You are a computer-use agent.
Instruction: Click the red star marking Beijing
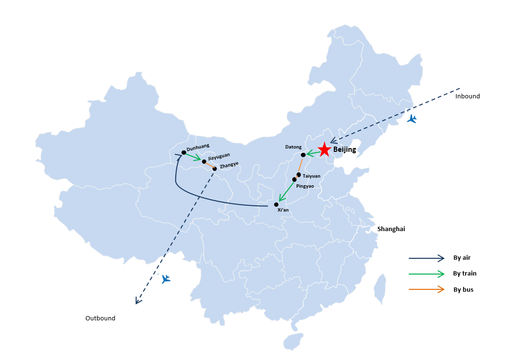click(324, 149)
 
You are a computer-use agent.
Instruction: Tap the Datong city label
click(293, 147)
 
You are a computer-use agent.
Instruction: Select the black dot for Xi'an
click(276, 205)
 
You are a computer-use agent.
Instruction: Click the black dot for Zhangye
click(214, 169)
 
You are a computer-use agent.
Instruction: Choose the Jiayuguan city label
click(219, 157)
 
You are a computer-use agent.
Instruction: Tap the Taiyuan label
click(311, 176)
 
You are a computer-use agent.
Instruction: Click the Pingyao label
click(305, 186)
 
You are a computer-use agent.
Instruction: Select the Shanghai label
click(391, 229)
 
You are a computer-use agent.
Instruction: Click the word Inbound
click(468, 96)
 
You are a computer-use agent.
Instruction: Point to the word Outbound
click(100, 318)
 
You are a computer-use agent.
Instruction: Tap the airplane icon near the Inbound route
click(412, 119)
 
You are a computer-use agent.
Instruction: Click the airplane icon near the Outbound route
click(166, 279)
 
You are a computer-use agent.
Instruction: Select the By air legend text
click(462, 257)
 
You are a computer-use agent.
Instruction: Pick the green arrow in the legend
click(426, 274)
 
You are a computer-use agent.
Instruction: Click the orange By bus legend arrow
click(426, 289)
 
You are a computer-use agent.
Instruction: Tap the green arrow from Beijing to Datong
click(313, 154)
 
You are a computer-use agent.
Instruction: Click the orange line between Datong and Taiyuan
click(301, 166)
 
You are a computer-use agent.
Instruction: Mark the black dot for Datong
click(303, 155)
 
